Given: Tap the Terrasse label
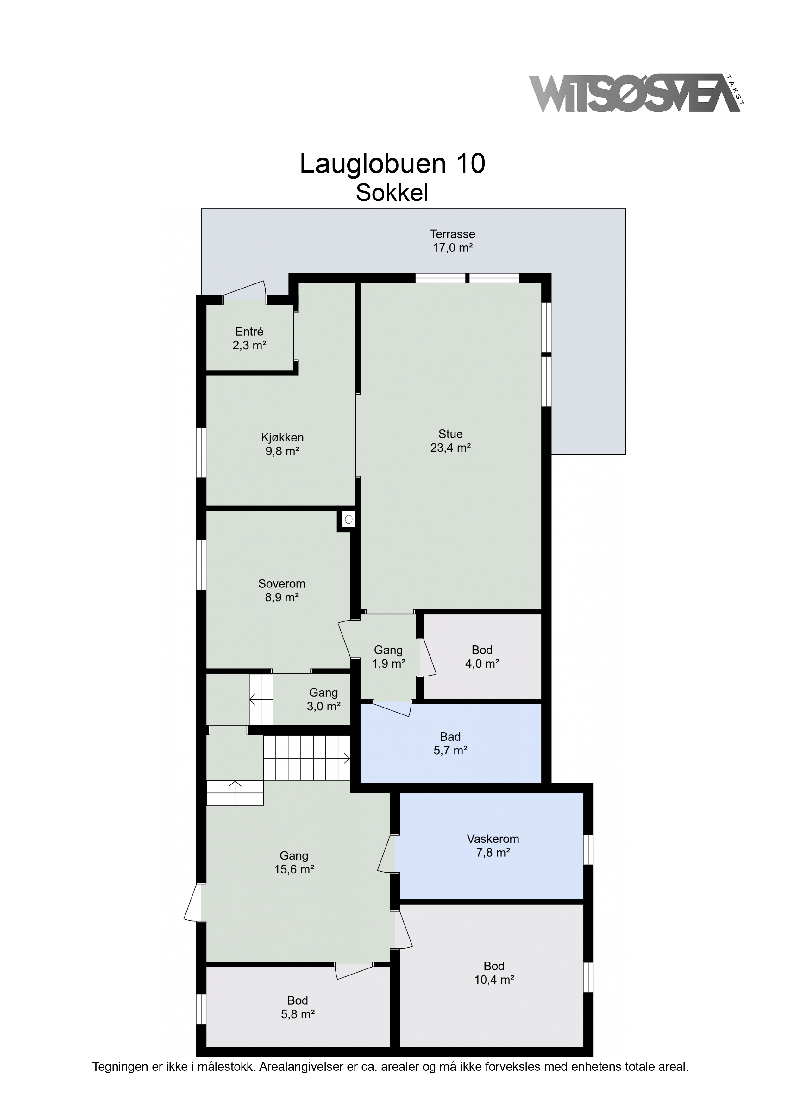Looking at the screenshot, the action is [x=453, y=234].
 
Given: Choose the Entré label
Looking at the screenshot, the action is [x=249, y=332].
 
